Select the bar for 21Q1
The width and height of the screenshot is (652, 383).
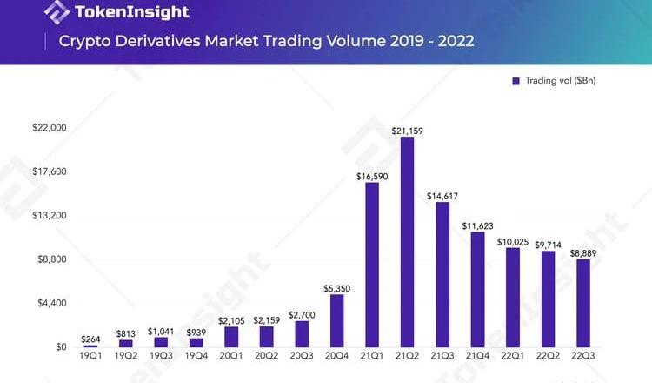click(372, 265)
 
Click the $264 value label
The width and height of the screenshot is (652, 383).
click(90, 339)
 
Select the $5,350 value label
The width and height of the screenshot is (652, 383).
click(337, 288)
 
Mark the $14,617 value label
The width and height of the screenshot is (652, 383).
click(442, 197)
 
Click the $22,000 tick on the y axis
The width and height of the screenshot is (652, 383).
click(50, 128)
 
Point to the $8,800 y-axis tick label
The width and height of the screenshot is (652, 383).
click(52, 259)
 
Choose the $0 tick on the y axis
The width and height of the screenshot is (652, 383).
click(61, 347)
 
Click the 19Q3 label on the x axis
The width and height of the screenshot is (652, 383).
click(161, 356)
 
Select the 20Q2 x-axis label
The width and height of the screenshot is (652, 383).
click(266, 356)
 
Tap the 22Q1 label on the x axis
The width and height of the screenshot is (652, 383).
click(512, 356)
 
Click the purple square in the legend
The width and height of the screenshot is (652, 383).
click(516, 81)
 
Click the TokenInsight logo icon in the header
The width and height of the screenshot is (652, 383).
click(57, 12)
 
